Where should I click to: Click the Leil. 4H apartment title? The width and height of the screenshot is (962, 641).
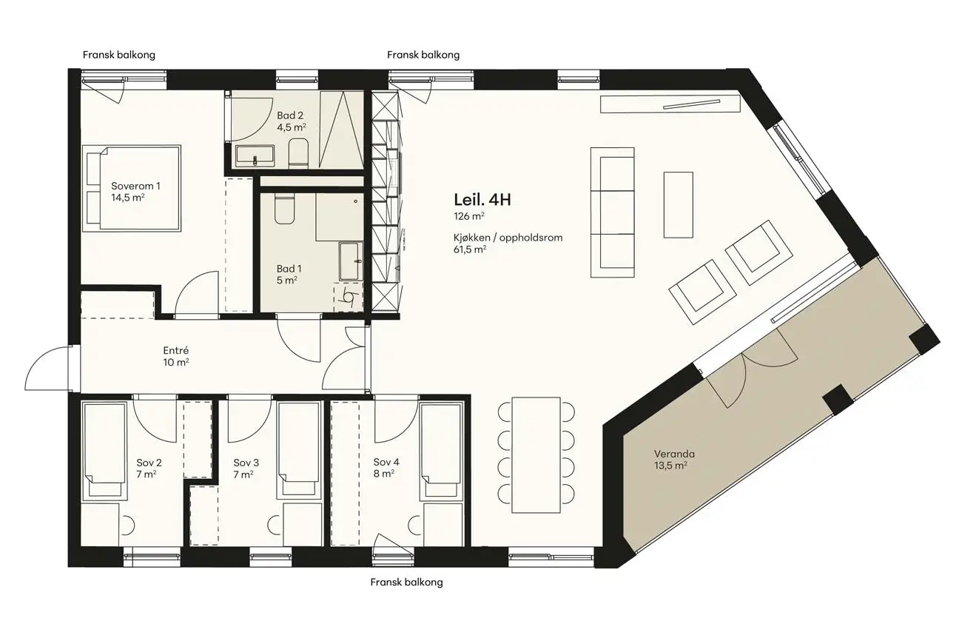coord(482,200)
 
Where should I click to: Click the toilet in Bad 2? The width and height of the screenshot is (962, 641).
coord(298,153)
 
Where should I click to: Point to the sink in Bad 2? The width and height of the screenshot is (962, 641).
coord(255,155)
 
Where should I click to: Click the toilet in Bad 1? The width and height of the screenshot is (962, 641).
coord(284,209)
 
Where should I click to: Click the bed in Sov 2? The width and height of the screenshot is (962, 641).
coord(105,451)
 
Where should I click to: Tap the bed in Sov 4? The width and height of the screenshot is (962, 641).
coord(442,451)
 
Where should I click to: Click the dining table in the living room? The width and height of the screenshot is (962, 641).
coord(536,455)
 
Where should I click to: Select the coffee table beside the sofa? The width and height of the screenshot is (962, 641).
coord(678,205)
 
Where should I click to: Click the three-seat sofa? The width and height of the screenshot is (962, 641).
coord(613,212)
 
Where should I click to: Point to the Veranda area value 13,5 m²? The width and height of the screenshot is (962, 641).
coord(670,466)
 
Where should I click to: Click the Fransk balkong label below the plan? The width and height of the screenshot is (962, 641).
coord(406,582)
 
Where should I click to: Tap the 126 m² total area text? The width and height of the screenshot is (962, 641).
coord(469,215)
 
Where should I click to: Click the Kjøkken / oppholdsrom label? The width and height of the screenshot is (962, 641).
coord(508,238)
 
